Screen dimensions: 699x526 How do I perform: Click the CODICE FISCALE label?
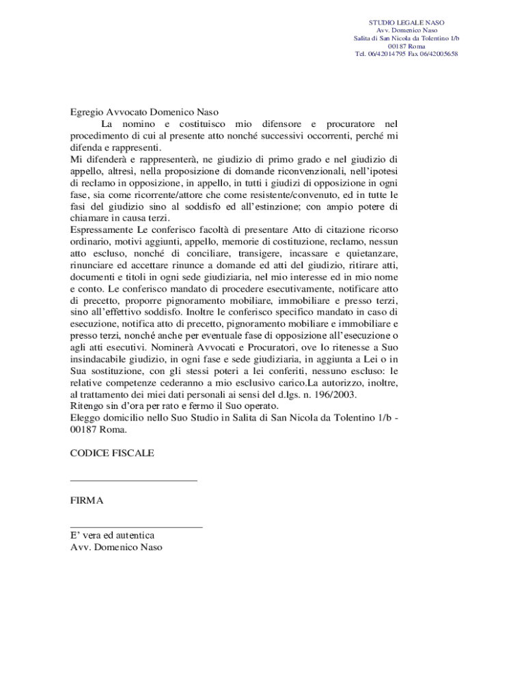pyautogui.click(x=112, y=453)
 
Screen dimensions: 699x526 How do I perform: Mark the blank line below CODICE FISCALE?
pyautogui.click(x=133, y=481)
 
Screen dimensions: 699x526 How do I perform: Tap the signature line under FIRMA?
pyautogui.click(x=136, y=527)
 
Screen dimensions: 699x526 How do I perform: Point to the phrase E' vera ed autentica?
pyautogui.click(x=112, y=535)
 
